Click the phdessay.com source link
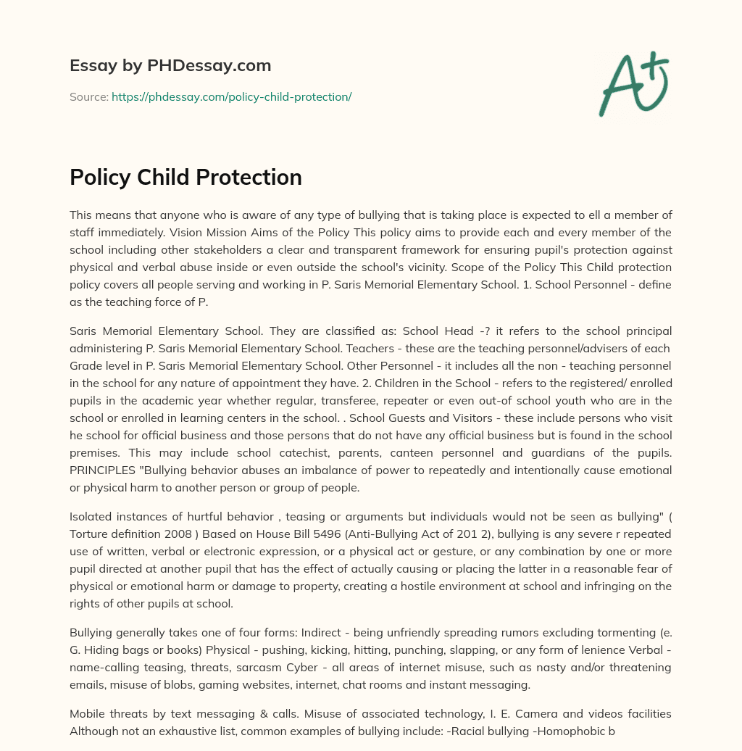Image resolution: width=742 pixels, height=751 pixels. [x=231, y=96]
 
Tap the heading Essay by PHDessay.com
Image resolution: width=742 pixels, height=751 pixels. [x=170, y=66]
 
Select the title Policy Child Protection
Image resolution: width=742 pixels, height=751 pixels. [x=185, y=177]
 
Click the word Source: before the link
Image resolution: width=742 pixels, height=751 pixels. [x=88, y=96]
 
